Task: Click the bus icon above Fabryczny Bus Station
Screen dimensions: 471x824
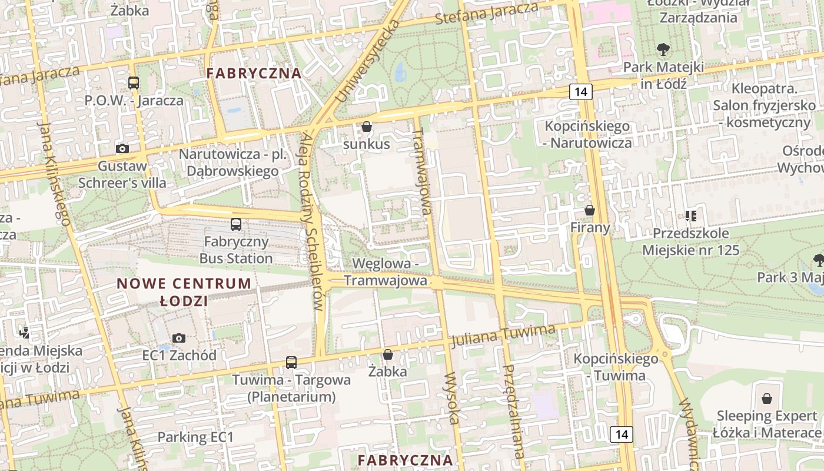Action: [236, 224]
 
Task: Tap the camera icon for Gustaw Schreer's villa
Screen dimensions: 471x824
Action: [122, 148]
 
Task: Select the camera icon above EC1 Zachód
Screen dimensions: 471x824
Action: [179, 338]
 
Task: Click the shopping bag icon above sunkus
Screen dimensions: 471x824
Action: [367, 127]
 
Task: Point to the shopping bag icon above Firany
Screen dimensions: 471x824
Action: [590, 210]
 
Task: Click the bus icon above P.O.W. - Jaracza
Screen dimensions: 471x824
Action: [134, 83]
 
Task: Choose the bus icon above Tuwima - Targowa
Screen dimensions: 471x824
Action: [291, 362]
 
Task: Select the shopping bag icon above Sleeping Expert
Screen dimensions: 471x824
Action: [766, 399]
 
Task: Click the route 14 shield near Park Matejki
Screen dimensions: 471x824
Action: [581, 91]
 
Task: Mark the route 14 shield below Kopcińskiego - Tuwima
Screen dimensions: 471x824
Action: [622, 434]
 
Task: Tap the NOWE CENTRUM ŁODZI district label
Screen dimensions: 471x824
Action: [184, 292]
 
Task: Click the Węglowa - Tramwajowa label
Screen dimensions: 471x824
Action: [386, 271]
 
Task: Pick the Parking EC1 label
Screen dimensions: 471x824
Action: [195, 437]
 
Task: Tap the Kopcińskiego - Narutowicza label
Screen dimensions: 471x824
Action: [587, 134]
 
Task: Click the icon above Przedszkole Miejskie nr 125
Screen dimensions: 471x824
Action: [690, 216]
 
